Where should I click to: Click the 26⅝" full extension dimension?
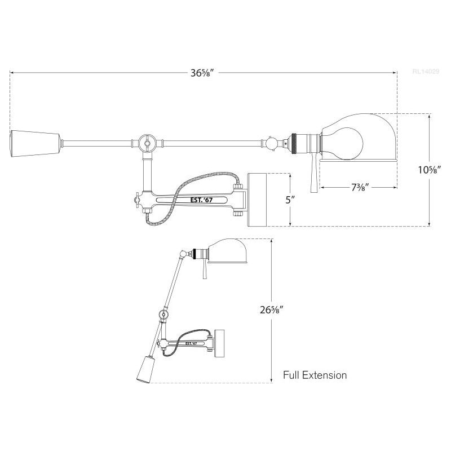point(281,311)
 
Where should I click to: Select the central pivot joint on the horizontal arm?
point(148,143)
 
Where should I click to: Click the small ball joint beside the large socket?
point(272,143)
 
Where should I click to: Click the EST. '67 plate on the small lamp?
point(191,342)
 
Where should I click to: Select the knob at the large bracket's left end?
point(136,200)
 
